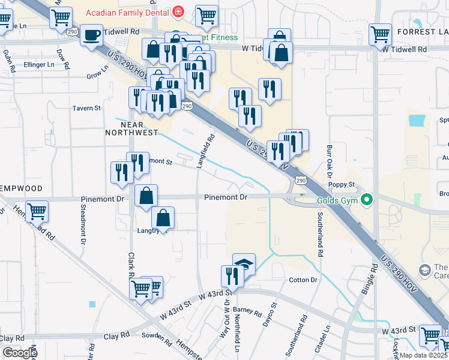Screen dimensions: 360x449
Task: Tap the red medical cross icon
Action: [x=178, y=12]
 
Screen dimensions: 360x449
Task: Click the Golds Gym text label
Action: [x=336, y=199]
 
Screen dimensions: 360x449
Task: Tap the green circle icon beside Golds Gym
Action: [x=366, y=199]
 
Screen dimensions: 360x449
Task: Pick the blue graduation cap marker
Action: [x=244, y=263]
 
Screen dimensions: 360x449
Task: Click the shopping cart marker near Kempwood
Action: [x=37, y=211]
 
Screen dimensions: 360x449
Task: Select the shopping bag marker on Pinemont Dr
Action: [x=146, y=196]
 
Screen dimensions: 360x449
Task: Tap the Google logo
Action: [x=20, y=353]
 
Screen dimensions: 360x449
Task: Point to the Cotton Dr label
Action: [x=303, y=280]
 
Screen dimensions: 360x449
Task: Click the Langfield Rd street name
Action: [x=206, y=151]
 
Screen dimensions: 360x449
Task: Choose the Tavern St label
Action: [x=87, y=108]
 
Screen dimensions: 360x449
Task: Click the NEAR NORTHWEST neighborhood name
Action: [x=131, y=128]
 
